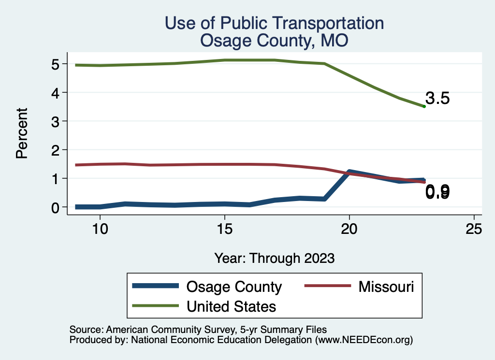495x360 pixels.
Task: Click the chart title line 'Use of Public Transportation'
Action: tap(274, 23)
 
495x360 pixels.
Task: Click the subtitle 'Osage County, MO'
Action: tap(274, 41)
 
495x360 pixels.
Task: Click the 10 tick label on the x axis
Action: tap(100, 230)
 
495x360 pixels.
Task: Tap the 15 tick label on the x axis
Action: tap(225, 230)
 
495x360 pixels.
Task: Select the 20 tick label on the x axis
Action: tap(349, 230)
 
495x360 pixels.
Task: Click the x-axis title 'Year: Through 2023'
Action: tap(274, 258)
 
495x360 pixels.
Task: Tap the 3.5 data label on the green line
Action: tap(438, 99)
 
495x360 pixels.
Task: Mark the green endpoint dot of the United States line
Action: tap(424, 106)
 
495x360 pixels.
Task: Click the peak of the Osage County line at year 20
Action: tap(349, 172)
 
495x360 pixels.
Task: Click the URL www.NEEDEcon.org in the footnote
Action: tap(363, 340)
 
